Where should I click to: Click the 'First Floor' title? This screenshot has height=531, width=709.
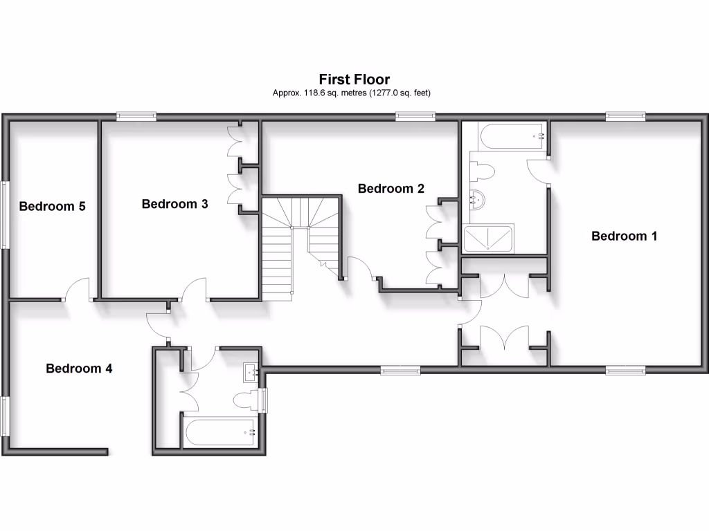tap(354, 80)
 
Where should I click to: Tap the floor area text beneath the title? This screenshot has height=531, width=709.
tap(354, 93)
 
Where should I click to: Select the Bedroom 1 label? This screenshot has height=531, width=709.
tap(624, 236)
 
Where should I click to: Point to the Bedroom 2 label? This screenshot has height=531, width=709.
tap(391, 188)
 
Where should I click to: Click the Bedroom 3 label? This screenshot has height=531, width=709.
tap(174, 203)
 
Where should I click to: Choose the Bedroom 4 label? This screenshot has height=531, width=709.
tap(79, 368)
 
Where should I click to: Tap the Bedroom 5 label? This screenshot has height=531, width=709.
tap(52, 205)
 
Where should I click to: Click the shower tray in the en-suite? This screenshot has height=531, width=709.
tap(488, 239)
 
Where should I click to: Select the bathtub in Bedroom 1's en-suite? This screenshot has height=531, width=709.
tap(504, 136)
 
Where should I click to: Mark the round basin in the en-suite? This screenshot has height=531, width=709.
tap(477, 200)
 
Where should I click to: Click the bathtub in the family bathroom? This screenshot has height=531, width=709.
tap(219, 432)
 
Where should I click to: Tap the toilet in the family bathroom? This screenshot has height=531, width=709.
tap(244, 400)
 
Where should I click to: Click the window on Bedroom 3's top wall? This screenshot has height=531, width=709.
tap(136, 117)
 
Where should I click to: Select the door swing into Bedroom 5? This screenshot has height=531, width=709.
tap(78, 289)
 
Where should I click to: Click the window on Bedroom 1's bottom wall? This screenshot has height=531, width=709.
tap(626, 371)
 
